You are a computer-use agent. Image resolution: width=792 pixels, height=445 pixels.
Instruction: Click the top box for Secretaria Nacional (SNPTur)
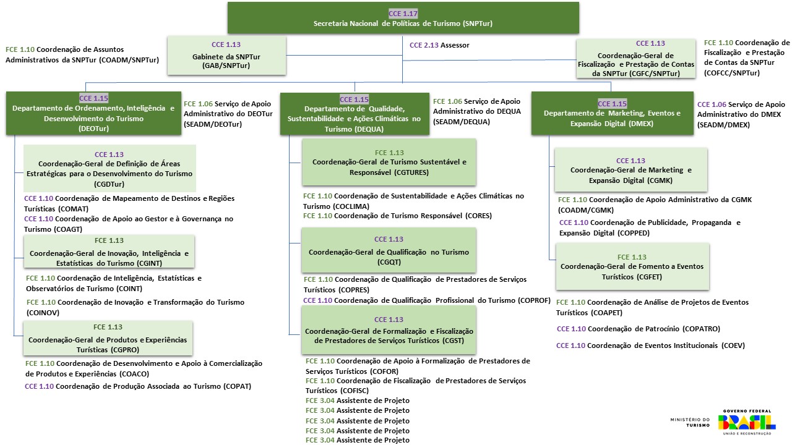coord(403,18)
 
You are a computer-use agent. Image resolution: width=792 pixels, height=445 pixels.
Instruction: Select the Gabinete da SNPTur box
coord(226,56)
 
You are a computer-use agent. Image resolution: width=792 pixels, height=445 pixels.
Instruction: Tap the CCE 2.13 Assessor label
coord(439,45)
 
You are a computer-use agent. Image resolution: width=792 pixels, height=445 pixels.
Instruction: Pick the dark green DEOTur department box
coord(93,113)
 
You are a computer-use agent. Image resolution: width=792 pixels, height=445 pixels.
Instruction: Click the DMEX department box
coord(612,113)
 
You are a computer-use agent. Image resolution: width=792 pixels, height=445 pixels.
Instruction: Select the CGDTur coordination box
coord(110,168)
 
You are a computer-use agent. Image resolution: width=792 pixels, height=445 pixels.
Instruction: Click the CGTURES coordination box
coord(389,162)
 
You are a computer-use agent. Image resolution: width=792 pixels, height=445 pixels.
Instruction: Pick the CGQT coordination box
coord(389,250)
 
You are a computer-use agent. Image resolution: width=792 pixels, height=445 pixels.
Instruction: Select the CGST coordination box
coord(389,331)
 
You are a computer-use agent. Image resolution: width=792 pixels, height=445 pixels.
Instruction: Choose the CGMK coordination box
coord(631,170)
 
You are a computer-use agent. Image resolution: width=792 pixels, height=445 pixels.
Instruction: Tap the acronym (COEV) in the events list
coord(733,345)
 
